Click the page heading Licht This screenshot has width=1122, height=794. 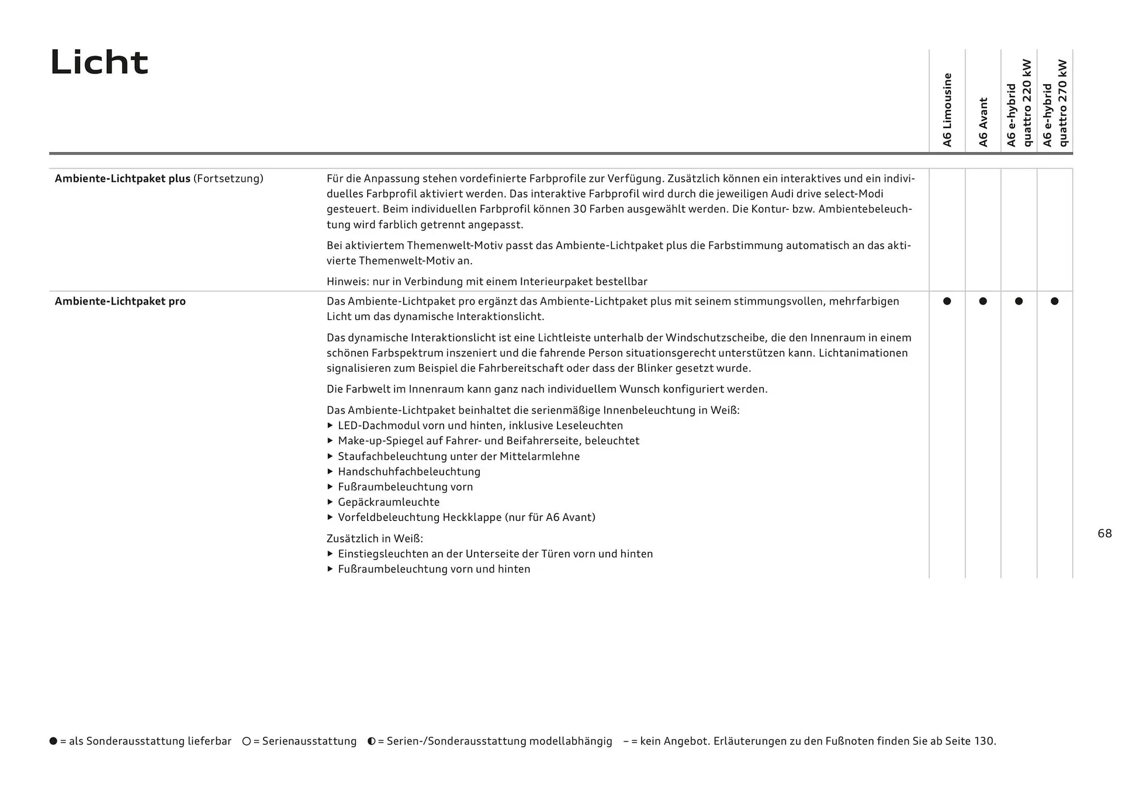99,62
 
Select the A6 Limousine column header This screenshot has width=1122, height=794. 947,110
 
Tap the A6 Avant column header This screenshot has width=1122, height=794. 983,122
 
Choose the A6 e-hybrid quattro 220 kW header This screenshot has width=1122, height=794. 1019,103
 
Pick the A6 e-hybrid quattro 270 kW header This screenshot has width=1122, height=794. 1055,103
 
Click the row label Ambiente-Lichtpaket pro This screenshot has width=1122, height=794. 120,302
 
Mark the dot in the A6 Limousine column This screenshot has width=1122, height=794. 947,301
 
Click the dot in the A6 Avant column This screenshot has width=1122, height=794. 983,301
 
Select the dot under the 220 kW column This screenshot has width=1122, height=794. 1019,301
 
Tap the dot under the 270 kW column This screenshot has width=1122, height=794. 1055,301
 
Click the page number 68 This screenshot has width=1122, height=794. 1104,534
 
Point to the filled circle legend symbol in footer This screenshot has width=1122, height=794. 54,741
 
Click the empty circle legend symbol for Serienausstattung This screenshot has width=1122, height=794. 247,741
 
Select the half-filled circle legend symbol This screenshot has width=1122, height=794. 372,741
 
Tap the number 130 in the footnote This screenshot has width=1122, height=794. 984,741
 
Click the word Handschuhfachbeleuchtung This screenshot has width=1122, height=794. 409,472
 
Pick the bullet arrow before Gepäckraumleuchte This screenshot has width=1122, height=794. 330,502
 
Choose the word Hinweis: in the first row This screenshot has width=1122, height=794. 348,282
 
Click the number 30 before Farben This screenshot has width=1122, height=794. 580,209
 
